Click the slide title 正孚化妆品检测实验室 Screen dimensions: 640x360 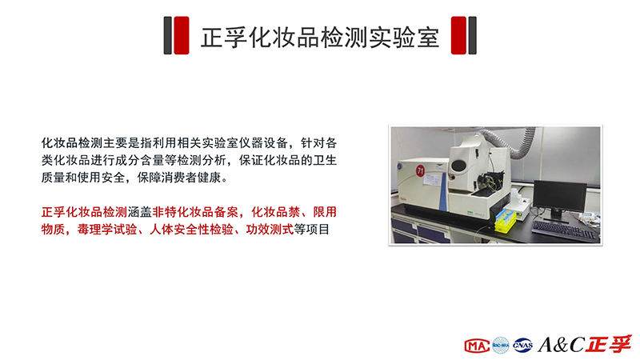pyautogui.click(x=319, y=37)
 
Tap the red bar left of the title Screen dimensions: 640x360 pyautogui.click(x=182, y=35)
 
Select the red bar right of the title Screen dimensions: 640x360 pyautogui.click(x=458, y=35)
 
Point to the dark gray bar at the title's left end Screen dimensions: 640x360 pyautogui.click(x=167, y=35)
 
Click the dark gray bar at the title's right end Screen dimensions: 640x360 pyautogui.click(x=472, y=35)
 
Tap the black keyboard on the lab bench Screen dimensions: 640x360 pyautogui.click(x=566, y=231)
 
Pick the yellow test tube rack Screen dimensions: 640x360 pyautogui.click(x=506, y=222)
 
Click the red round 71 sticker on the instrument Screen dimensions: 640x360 pyautogui.click(x=420, y=170)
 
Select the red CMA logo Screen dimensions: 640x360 pyautogui.click(x=477, y=346)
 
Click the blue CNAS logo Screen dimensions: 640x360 pyautogui.click(x=523, y=346)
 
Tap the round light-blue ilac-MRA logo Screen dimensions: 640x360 pyautogui.click(x=501, y=346)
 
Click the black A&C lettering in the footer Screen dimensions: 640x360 pyautogui.click(x=562, y=345)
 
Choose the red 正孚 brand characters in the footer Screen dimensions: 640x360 pyautogui.click(x=608, y=344)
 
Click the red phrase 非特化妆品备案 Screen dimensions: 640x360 pyautogui.click(x=195, y=212)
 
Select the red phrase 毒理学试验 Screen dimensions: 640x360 pyautogui.click(x=107, y=230)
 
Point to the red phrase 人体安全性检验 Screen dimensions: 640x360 pyautogui.click(x=191, y=230)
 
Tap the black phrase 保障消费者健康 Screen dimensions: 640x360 pyautogui.click(x=178, y=178)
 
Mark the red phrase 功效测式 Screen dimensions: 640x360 pyautogui.click(x=270, y=230)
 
